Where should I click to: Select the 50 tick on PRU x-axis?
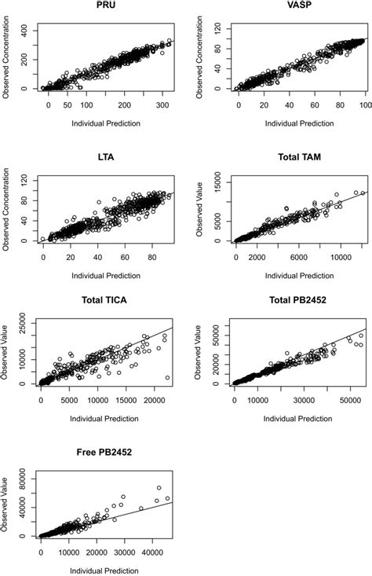pyautogui.click(x=67, y=104)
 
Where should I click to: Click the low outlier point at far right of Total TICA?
pyautogui.click(x=167, y=378)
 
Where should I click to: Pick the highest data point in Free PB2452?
pyautogui.click(x=159, y=487)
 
